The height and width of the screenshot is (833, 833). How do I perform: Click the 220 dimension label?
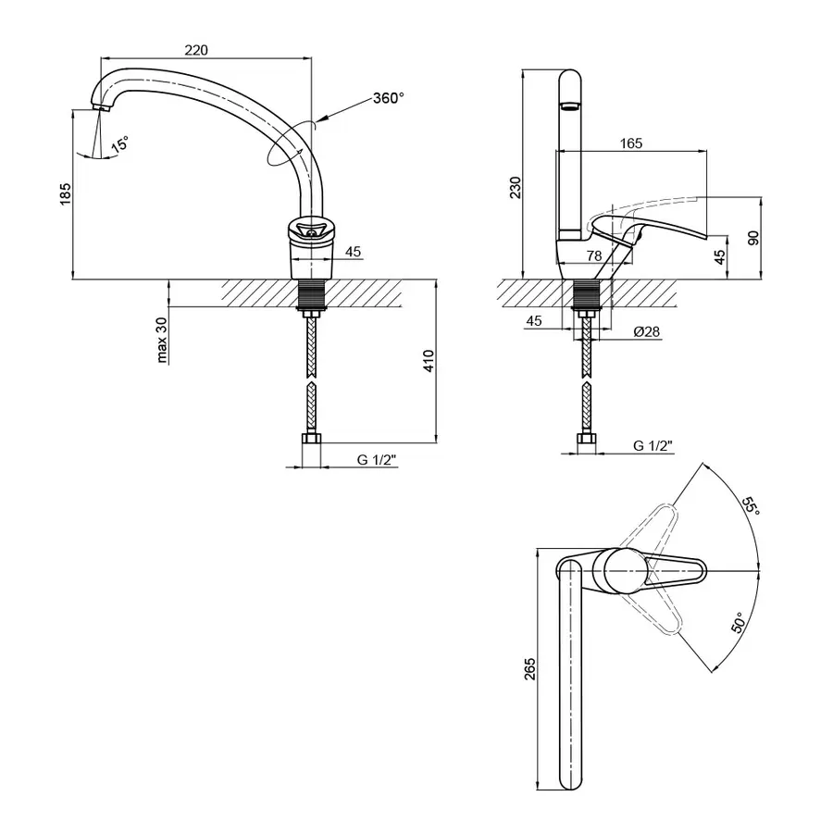(196, 50)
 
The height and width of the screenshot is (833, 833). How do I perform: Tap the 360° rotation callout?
(389, 98)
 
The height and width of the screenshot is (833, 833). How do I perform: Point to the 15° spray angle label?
(120, 144)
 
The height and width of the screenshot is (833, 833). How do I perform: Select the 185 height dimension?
(65, 194)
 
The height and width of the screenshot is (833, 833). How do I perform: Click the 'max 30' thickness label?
(162, 340)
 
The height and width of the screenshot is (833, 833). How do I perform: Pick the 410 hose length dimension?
(429, 361)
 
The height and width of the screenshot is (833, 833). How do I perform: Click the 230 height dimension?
(516, 188)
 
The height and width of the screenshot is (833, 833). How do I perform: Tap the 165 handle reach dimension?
(631, 143)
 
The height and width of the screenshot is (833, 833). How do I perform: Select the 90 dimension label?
(753, 238)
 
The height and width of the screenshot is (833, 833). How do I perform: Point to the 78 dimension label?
(594, 255)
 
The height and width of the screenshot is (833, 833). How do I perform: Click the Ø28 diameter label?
(647, 331)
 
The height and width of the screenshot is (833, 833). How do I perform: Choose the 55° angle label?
(751, 505)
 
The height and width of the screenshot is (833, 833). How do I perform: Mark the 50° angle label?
(739, 622)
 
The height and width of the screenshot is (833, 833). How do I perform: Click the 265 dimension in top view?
(529, 669)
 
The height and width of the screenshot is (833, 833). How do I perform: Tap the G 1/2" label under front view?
(378, 459)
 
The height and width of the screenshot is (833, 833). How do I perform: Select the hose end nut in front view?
(311, 440)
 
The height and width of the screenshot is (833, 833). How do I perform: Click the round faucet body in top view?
(626, 571)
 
